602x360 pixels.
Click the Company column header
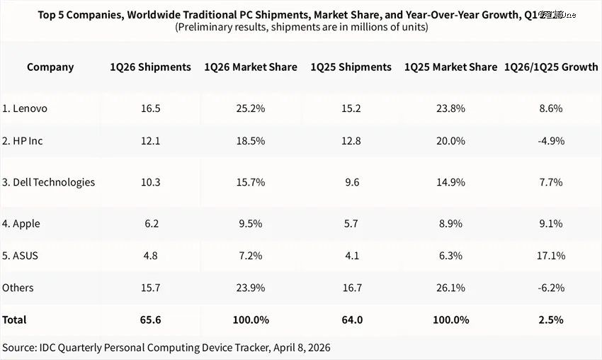[x=50, y=67]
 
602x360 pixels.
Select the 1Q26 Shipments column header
[x=150, y=67]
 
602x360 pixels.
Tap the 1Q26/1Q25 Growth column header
[x=551, y=67]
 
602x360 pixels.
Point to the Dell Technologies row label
[x=48, y=182]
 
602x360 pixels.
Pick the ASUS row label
[x=21, y=255]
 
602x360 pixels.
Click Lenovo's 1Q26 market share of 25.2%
[x=251, y=108]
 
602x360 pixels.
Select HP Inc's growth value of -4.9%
[x=550, y=141]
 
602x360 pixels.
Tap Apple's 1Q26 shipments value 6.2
[x=150, y=223]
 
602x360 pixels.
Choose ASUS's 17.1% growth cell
[x=550, y=255]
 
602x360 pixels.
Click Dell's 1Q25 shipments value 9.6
[x=351, y=182]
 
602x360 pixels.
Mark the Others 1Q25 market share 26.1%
[x=451, y=288]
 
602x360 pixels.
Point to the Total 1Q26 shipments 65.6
[x=150, y=320]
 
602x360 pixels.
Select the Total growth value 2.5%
[x=550, y=320]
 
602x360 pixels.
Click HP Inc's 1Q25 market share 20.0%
[x=451, y=141]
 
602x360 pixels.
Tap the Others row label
[x=18, y=288]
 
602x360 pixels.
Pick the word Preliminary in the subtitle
[x=205, y=28]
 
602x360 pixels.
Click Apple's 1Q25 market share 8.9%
[x=451, y=223]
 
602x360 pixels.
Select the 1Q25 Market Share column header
[x=451, y=67]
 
